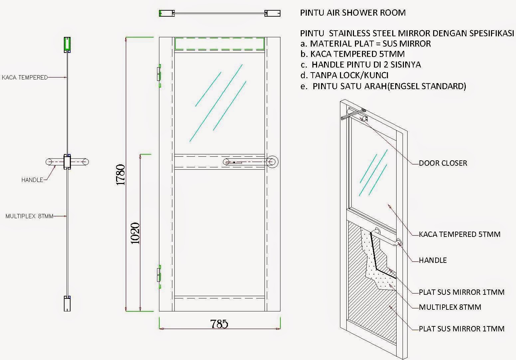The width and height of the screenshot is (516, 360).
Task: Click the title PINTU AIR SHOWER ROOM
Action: pyautogui.click(x=353, y=13)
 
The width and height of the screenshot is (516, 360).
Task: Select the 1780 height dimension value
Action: pyautogui.click(x=120, y=175)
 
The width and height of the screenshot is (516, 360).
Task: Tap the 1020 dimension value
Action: pyautogui.click(x=135, y=233)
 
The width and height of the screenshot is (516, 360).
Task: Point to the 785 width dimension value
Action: pyautogui.click(x=219, y=324)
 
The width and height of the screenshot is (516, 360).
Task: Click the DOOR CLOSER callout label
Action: pyautogui.click(x=443, y=163)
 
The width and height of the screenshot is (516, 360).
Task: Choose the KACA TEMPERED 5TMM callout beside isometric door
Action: pyautogui.click(x=459, y=234)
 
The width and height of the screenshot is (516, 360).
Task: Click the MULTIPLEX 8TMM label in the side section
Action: pyautogui.click(x=29, y=216)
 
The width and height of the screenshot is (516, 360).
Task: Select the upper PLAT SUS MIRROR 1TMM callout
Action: pyautogui.click(x=461, y=292)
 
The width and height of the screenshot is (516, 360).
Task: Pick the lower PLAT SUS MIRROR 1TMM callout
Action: pyautogui.click(x=461, y=329)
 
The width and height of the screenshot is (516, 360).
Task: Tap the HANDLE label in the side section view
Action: pyautogui.click(x=32, y=180)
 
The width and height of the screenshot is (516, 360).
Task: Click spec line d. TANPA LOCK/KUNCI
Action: pyautogui.click(x=344, y=75)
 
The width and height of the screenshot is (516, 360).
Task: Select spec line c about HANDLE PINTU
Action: pyautogui.click(x=361, y=65)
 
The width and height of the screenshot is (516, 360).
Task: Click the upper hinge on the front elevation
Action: pyautogui.click(x=158, y=75)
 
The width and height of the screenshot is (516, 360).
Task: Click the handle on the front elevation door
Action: pyautogui.click(x=250, y=162)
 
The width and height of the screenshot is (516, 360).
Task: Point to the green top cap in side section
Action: pyautogui.click(x=68, y=45)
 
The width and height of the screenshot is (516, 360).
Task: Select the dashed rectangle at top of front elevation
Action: pyautogui.click(x=219, y=44)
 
